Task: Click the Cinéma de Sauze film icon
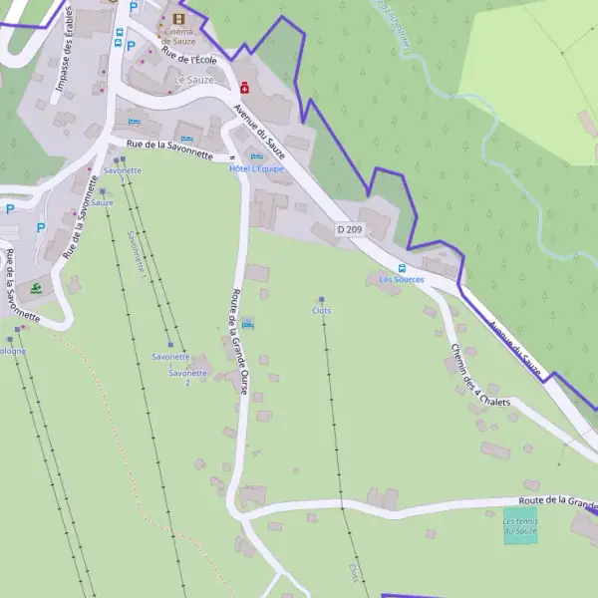(x=178, y=19)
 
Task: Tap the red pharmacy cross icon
(x=244, y=88)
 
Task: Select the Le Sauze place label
(x=193, y=79)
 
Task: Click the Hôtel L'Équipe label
(x=256, y=168)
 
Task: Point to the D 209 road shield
(x=349, y=229)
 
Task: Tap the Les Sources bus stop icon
(x=402, y=268)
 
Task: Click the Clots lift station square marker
(x=321, y=300)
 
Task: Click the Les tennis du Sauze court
(x=519, y=525)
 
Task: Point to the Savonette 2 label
(x=187, y=378)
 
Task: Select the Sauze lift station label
(x=102, y=202)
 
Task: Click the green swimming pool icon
(x=36, y=288)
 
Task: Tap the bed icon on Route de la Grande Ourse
(x=248, y=324)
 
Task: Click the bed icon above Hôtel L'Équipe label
(x=257, y=156)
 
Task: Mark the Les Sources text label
(x=402, y=280)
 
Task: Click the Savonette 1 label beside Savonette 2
(x=170, y=360)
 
